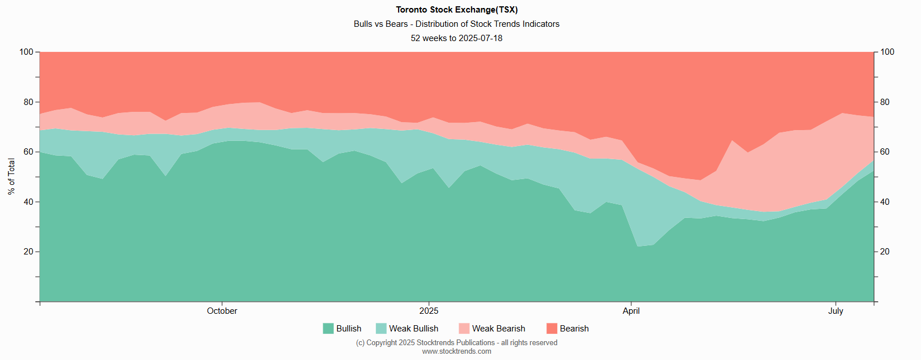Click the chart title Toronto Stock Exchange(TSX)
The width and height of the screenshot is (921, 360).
click(x=457, y=10)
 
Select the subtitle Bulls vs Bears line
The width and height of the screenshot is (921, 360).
click(x=456, y=24)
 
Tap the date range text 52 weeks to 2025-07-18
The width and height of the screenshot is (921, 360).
click(x=456, y=38)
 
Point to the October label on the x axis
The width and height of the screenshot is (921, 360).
click(x=222, y=311)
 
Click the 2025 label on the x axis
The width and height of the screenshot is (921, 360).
click(x=429, y=311)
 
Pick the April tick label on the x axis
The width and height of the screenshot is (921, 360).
click(x=631, y=311)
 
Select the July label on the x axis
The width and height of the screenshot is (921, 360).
click(x=835, y=311)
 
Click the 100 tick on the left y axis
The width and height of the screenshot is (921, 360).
click(x=26, y=52)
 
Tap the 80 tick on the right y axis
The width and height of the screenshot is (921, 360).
click(x=885, y=102)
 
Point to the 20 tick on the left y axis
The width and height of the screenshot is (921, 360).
click(x=29, y=252)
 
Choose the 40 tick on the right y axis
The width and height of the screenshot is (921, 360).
click(x=885, y=202)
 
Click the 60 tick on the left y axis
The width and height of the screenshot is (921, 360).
click(x=29, y=152)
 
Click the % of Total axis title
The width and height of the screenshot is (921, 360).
click(x=11, y=177)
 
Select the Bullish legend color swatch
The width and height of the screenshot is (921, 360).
click(x=328, y=329)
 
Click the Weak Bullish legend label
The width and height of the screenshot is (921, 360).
click(x=413, y=329)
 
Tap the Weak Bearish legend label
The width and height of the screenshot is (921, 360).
click(x=498, y=329)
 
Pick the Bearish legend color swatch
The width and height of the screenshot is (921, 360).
click(x=551, y=329)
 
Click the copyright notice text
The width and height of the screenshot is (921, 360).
click(x=456, y=343)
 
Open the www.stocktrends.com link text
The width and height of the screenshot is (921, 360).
click(x=456, y=351)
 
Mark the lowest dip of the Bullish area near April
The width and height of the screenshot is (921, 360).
click(x=638, y=246)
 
